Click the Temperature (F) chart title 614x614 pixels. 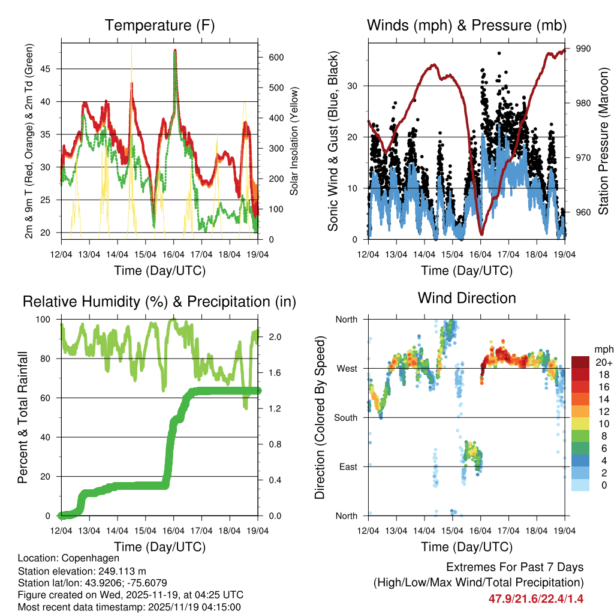point(159,26)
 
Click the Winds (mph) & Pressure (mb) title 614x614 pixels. point(466,26)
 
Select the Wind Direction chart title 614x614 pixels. point(466,298)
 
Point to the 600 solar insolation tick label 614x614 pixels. point(271,57)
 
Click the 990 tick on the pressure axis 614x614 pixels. point(583,49)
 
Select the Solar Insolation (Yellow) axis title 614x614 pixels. point(294,141)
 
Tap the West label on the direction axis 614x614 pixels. point(347,368)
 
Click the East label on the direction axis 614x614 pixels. point(348,466)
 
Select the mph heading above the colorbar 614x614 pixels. point(603,349)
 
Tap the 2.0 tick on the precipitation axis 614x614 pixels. point(271,337)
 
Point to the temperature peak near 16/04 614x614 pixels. point(175,50)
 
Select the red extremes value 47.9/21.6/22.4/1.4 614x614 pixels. point(535,598)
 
